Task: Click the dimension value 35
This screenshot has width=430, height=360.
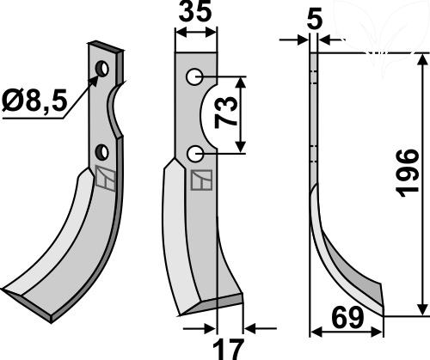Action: pos(195,12)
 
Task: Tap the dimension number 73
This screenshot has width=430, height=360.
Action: pos(226,112)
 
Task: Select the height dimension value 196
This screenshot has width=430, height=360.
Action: pos(407,174)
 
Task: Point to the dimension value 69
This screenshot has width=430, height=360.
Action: pos(347,318)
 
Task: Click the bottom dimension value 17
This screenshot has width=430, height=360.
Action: pos(228,350)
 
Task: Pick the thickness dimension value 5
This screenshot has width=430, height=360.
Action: pos(315,20)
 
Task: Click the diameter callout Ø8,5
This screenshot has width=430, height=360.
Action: pos(34,100)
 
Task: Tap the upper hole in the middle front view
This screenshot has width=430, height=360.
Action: pos(194,76)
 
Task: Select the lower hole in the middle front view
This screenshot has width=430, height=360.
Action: pos(194,154)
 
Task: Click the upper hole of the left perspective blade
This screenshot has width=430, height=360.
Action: pos(101,69)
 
